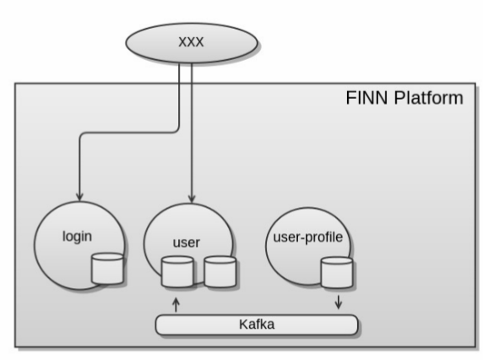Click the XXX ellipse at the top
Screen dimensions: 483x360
(x=192, y=43)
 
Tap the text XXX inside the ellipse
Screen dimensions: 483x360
(x=191, y=42)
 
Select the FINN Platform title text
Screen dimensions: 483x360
(x=404, y=98)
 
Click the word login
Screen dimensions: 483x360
(x=77, y=237)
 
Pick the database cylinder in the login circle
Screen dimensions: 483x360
(x=107, y=269)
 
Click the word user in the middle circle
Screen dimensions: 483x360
(x=187, y=243)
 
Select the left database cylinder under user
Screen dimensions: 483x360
(x=177, y=272)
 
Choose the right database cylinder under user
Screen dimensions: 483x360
(x=220, y=272)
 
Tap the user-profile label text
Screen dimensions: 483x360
(x=308, y=237)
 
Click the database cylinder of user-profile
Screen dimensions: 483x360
(x=337, y=273)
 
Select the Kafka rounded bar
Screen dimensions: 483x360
(x=257, y=325)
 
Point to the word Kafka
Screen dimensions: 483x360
(x=257, y=325)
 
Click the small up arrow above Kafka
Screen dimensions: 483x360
(x=176, y=304)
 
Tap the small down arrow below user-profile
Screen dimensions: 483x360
(x=339, y=302)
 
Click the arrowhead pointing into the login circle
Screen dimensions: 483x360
(x=79, y=197)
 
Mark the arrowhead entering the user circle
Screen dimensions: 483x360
(x=192, y=199)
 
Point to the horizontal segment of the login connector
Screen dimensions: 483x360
(x=128, y=133)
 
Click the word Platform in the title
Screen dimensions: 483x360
(x=428, y=98)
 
